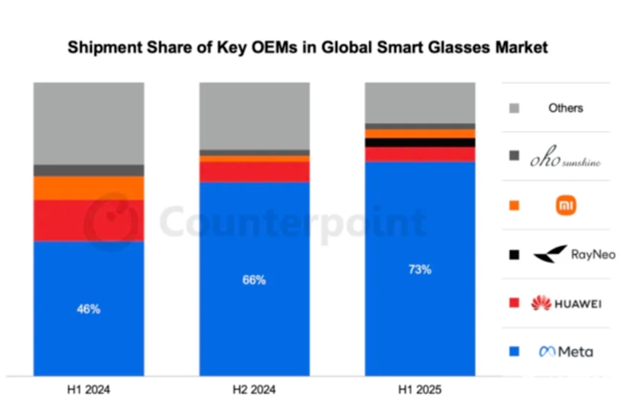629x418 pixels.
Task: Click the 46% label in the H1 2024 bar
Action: (88, 309)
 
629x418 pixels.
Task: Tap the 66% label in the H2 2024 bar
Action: (254, 280)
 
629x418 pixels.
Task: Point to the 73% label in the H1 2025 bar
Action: (420, 269)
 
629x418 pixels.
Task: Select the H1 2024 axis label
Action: (88, 391)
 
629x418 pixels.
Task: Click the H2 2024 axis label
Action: (254, 391)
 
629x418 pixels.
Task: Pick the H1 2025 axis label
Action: (420, 391)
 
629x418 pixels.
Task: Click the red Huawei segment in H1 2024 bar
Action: (88, 220)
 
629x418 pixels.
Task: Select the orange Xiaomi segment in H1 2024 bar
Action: (88, 188)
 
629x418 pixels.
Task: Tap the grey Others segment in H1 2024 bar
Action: (88, 123)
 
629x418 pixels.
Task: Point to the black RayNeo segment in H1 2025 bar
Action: (420, 143)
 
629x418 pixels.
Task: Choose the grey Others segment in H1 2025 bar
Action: (420, 103)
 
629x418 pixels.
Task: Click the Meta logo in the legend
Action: (565, 352)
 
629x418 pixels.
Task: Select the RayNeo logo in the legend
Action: (565, 254)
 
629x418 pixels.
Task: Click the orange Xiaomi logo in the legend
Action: (565, 205)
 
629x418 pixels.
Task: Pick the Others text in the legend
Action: (565, 108)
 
